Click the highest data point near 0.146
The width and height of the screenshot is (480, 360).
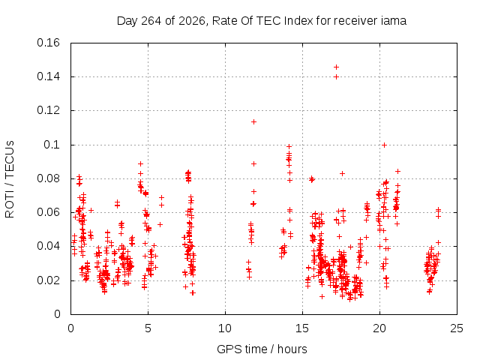click(336, 67)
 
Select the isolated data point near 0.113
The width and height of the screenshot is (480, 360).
click(253, 121)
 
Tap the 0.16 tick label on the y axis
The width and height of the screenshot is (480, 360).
click(48, 43)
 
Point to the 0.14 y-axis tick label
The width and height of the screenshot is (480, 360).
click(48, 76)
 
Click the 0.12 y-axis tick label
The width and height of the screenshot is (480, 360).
click(48, 110)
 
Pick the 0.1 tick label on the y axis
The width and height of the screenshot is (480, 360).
click(52, 145)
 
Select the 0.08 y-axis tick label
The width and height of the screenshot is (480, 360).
click(48, 178)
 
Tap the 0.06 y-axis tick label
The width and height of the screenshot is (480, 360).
click(48, 212)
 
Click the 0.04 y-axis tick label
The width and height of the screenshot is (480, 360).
click(48, 247)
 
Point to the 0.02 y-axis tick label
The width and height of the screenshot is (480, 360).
click(48, 280)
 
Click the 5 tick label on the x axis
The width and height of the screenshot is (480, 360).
click(148, 328)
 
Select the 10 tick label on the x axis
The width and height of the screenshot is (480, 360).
click(225, 328)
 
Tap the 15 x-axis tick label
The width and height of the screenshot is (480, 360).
click(302, 328)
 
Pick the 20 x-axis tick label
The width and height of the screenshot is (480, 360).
click(379, 328)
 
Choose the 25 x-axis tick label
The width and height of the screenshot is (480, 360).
click(457, 328)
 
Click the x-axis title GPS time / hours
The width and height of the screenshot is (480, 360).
click(262, 349)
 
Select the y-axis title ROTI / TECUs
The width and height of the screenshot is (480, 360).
click(10, 179)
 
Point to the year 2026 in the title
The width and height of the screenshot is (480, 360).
click(192, 21)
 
